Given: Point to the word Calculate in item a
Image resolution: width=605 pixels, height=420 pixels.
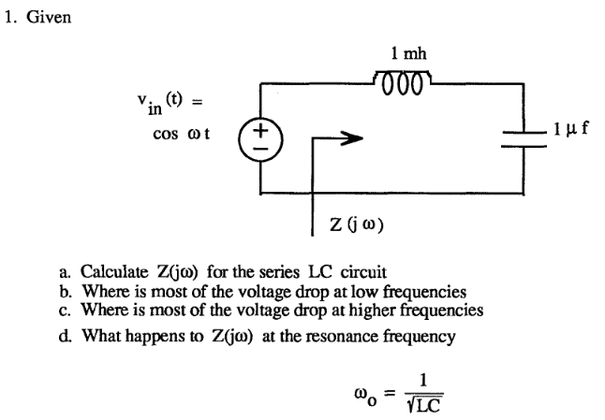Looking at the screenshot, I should [114, 272].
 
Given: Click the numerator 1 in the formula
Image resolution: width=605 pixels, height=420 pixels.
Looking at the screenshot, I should [424, 380].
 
